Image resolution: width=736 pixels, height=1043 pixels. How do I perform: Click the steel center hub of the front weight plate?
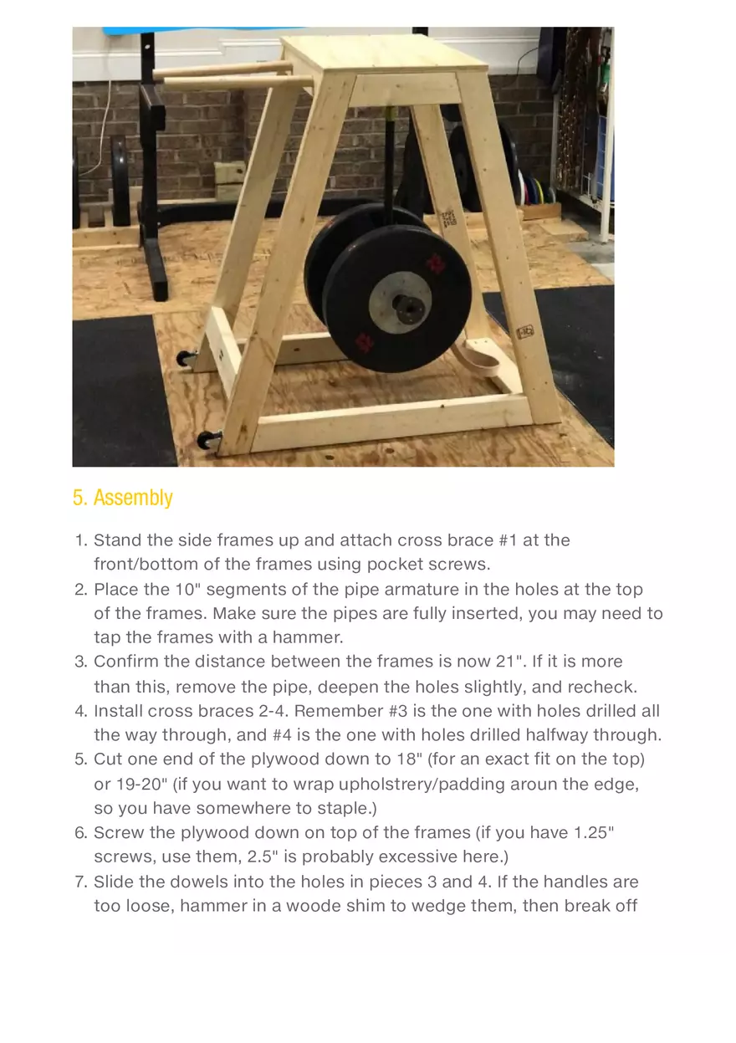pos(409,309)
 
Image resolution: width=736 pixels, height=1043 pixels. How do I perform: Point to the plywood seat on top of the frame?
pos(385,54)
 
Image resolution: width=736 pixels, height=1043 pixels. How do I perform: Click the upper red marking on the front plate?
pos(435,263)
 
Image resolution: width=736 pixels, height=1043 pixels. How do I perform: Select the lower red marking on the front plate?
pos(365,341)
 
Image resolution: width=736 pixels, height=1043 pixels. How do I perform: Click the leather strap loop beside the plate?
pos(488,362)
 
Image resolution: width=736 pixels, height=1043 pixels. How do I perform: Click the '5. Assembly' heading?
pos(123,498)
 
